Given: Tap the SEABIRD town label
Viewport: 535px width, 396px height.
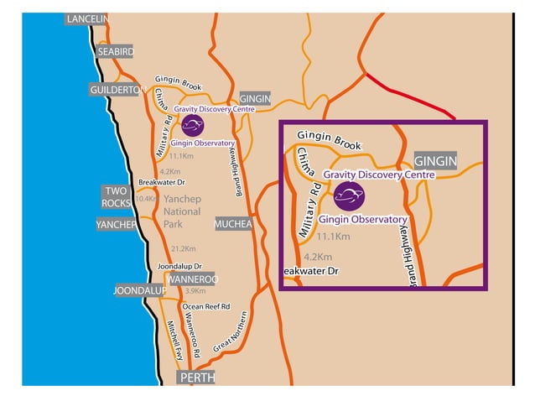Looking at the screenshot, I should point(115,51).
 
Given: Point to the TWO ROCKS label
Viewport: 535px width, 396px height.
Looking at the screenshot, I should point(116,196).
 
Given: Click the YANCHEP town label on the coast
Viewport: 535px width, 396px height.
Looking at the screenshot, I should point(117,225).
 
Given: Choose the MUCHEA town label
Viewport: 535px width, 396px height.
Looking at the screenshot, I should point(232,225).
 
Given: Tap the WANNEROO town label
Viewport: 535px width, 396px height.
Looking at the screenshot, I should point(192,279).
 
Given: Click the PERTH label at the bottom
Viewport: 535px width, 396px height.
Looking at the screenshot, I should point(195,378).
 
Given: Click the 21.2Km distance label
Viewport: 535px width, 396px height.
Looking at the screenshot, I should point(183,249).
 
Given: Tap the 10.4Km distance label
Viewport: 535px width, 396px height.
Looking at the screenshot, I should point(146,199).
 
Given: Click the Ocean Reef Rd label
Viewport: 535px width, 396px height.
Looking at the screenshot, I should point(205,307).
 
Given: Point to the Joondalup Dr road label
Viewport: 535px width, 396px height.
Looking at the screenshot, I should point(180,267).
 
